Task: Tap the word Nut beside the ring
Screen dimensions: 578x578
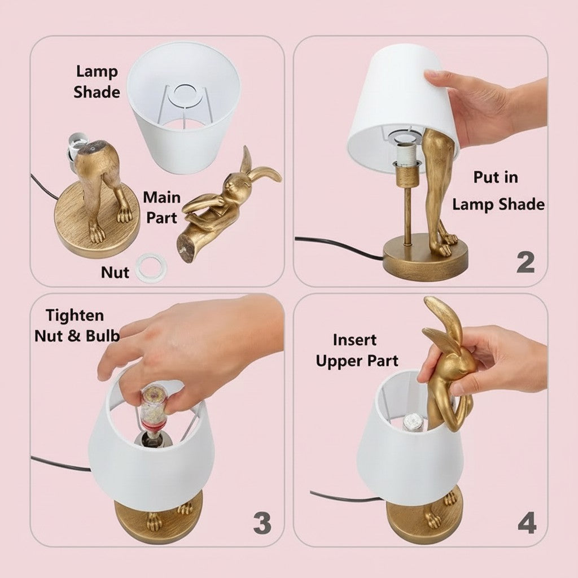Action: coord(115,272)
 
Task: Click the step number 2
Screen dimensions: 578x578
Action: coord(526,261)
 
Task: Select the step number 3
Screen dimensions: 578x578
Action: coord(261,523)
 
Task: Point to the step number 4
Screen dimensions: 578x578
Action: coord(526,523)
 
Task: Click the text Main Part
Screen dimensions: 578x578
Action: coord(161,207)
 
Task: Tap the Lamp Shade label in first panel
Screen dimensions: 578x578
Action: coord(97,81)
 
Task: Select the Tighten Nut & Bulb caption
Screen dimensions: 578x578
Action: coord(77,325)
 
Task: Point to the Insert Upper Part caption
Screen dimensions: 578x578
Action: coord(357,350)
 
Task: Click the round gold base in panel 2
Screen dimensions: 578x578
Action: coord(426,259)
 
